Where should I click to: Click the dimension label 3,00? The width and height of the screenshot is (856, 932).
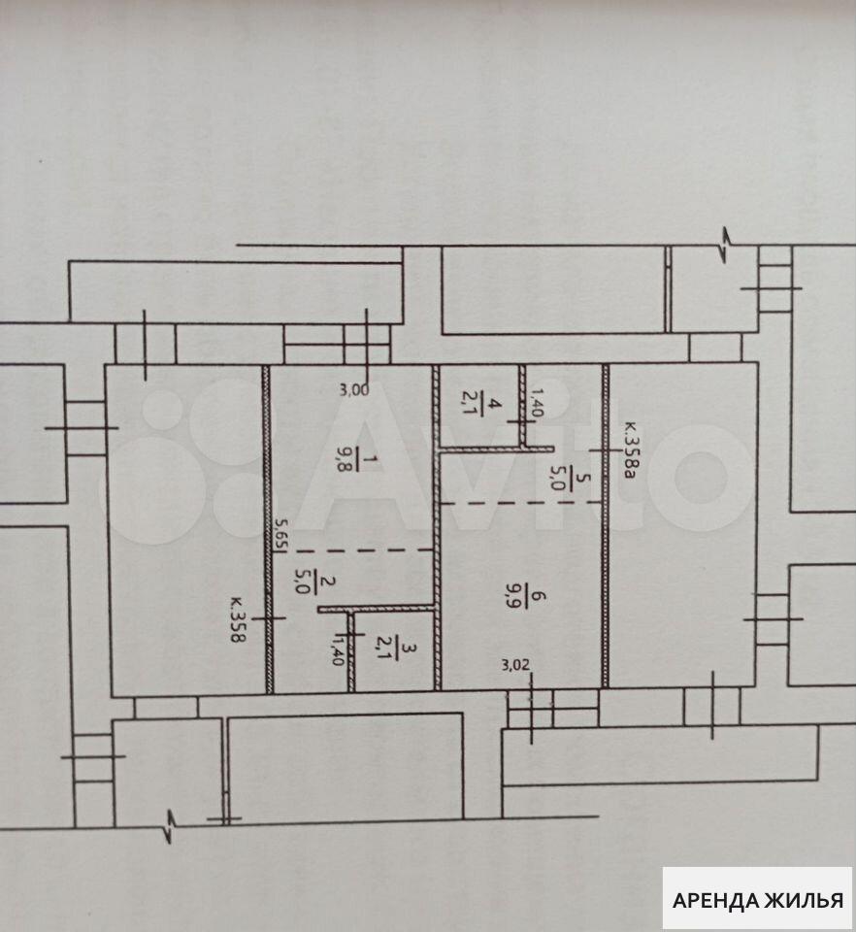click(x=354, y=390)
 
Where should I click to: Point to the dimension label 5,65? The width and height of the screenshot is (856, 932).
click(x=280, y=535)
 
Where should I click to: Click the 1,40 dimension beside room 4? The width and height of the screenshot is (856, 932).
click(x=536, y=401)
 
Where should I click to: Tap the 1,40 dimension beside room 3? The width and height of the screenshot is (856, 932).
click(x=338, y=649)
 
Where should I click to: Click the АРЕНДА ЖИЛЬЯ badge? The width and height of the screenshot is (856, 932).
click(x=757, y=900)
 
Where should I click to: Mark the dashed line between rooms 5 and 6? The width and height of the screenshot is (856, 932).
click(x=521, y=503)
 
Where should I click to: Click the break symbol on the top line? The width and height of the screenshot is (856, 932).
click(x=726, y=245)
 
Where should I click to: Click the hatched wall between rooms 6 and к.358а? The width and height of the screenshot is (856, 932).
click(x=606, y=525)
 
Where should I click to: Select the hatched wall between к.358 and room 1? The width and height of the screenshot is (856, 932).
click(x=267, y=529)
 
